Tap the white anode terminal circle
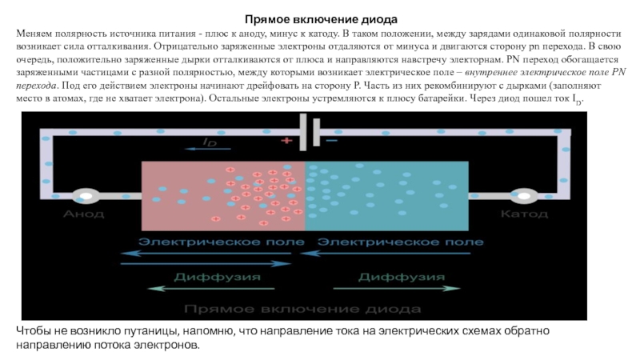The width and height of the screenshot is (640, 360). coord(82,195)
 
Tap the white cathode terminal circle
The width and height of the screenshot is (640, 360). coord(524,195)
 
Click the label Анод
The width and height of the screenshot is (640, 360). coord(83,214)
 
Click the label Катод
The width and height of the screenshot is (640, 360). coord(523,214)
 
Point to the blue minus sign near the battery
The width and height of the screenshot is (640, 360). coord(330,141)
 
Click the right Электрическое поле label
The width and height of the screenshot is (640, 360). coord(401,241)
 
